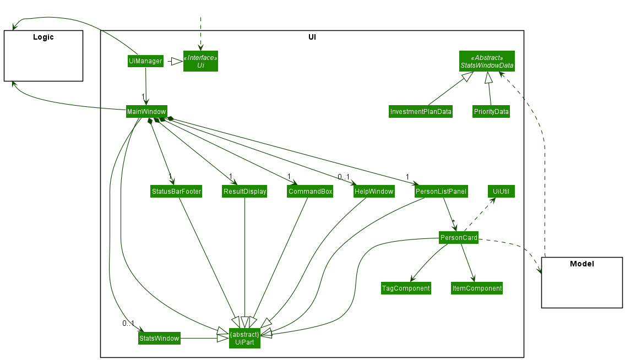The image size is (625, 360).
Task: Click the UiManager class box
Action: point(145,61)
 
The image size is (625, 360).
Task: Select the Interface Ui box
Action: point(200,61)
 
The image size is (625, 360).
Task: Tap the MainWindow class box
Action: point(146,111)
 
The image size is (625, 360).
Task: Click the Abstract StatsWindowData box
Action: point(487,62)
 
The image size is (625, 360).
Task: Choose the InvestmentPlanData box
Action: point(421,112)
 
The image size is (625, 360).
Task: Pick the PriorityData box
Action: point(491,112)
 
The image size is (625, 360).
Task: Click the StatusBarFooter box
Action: point(176,192)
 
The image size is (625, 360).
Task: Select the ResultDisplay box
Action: point(244,192)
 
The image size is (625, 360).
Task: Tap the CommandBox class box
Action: point(310,192)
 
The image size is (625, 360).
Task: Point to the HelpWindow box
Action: point(374,192)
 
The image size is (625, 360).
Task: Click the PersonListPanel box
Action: point(441,192)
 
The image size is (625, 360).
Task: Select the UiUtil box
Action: point(501,192)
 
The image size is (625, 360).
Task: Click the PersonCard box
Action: point(458,238)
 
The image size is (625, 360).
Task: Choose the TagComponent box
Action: point(406,288)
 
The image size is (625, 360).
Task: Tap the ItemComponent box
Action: point(477,288)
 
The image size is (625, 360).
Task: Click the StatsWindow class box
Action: point(159,338)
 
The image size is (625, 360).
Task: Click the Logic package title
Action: point(44,37)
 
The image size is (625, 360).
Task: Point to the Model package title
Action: point(581,264)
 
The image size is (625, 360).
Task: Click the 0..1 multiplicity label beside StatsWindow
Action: point(128,323)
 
